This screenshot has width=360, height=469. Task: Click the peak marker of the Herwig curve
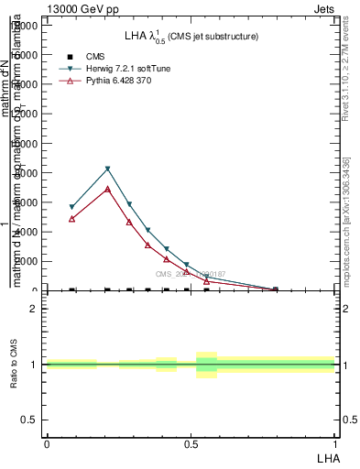108,169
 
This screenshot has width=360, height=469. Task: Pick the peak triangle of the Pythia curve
108,189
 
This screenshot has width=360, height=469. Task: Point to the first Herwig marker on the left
71,207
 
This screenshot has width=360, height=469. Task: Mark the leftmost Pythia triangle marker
71,219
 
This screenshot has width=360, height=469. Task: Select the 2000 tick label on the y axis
28,261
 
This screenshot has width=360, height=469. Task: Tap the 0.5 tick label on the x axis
191,443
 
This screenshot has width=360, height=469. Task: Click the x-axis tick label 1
334,443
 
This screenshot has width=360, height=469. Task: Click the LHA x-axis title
328,457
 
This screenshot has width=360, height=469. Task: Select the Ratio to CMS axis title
14,365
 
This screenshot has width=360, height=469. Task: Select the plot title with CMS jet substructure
191,37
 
